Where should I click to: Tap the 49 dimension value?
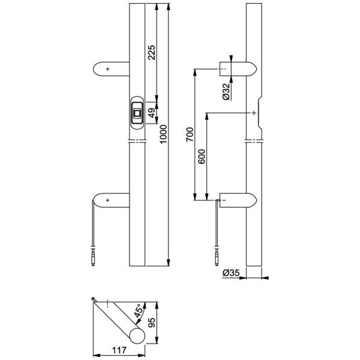click(x=152, y=112)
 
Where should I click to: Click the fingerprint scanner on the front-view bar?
click(x=137, y=112)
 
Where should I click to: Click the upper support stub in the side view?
click(x=238, y=69)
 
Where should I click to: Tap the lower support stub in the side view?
click(x=238, y=199)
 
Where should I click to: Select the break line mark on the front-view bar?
click(x=137, y=141)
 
